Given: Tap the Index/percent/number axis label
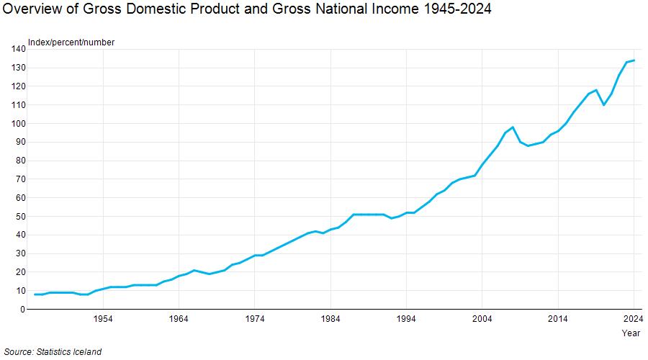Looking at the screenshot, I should pos(71,42).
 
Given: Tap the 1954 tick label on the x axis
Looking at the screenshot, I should pos(103,319).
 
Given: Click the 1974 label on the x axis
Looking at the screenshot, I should pos(255,319).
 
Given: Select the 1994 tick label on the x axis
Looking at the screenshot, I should pos(406,319).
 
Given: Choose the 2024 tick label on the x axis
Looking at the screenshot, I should pos(633,319).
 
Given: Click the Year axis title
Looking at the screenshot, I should pos(631,333).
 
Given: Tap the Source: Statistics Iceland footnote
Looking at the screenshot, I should pos(53,351).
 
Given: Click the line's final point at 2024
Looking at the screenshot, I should pos(634,60).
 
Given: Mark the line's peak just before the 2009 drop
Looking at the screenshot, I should pos(513,127).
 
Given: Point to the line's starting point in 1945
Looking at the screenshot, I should pos(35,294).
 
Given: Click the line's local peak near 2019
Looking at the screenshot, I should pos(596,90).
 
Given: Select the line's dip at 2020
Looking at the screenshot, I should pos(603,105).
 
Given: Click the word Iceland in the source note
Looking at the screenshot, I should pos(86,351).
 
